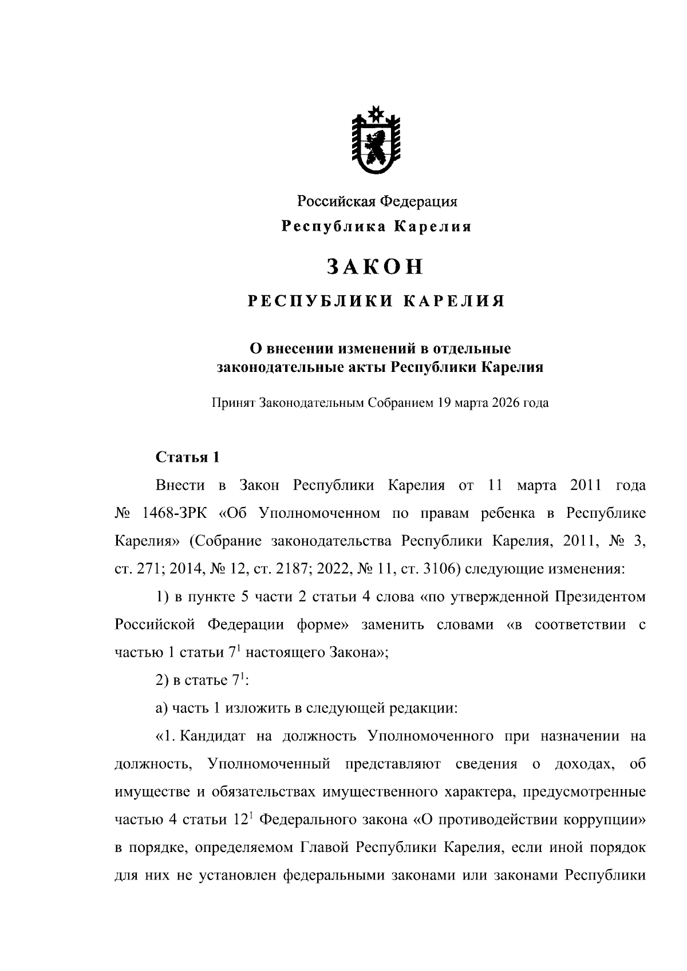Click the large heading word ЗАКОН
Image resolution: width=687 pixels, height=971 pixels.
click(376, 267)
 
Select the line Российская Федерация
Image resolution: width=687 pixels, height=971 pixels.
click(376, 201)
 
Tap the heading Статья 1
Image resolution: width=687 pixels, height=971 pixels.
click(187, 458)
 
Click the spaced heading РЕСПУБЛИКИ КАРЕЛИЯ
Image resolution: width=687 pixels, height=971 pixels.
click(376, 302)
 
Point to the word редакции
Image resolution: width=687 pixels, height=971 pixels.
click(424, 708)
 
